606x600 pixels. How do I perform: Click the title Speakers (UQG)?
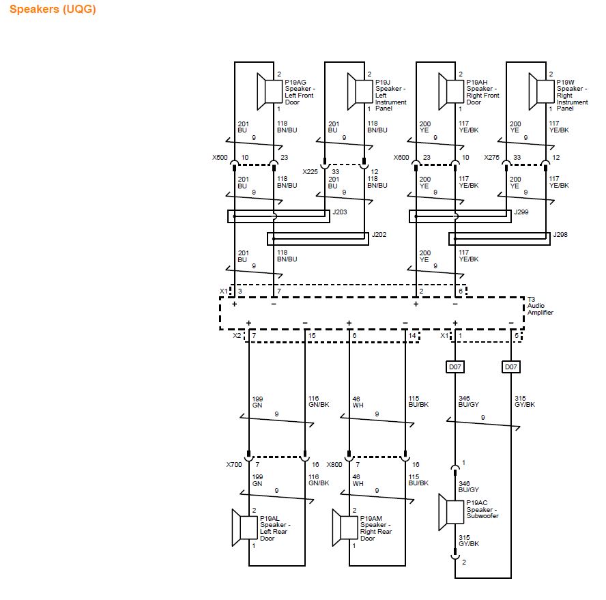tap(53, 10)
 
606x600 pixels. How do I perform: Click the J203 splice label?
tap(339, 212)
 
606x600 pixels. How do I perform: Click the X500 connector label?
tap(219, 157)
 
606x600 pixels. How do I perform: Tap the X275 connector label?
tap(491, 157)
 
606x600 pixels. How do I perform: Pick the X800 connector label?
tap(334, 464)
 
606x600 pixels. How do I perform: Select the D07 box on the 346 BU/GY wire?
tap(455, 367)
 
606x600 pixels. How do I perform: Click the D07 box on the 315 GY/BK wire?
tap(510, 367)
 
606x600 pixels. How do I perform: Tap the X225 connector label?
tap(310, 171)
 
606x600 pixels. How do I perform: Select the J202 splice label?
tap(379, 234)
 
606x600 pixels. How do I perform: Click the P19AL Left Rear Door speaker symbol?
tap(245, 527)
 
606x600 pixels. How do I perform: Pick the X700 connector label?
tap(234, 464)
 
